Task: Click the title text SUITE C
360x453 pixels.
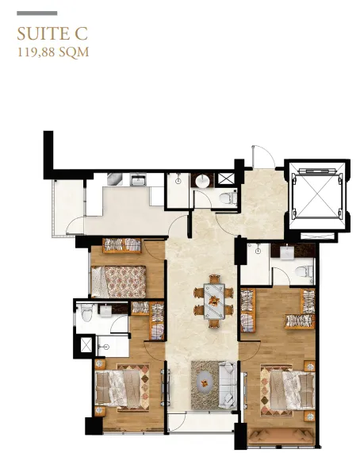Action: [x=52, y=33]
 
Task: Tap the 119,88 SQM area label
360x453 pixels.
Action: [x=53, y=52]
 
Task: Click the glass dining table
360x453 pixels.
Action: [x=214, y=301]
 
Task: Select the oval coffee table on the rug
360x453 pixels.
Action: [x=205, y=384]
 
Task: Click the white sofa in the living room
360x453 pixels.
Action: [x=228, y=386]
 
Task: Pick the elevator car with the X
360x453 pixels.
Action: [x=317, y=196]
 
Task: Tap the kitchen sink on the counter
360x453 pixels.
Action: [x=138, y=179]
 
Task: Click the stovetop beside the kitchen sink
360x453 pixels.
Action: [x=115, y=179]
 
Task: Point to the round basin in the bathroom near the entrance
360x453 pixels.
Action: [x=203, y=182]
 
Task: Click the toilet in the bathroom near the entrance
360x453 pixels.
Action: [x=228, y=199]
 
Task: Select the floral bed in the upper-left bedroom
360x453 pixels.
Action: [x=119, y=282]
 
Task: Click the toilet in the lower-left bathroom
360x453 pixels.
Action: [x=86, y=313]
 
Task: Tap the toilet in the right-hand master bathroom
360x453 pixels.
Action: [x=304, y=272]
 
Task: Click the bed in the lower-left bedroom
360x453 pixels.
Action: [x=122, y=388]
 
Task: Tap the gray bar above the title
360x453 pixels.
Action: [x=37, y=13]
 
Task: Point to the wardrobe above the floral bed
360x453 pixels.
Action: [x=122, y=246]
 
